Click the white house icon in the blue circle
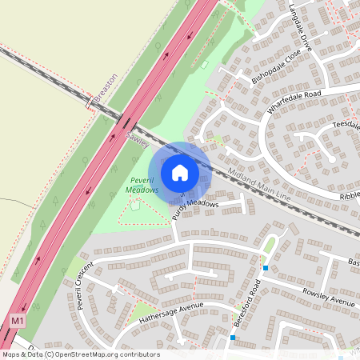(180, 172)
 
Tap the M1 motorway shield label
(18, 320)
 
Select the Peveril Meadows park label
(144, 185)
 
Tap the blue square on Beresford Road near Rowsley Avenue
(265, 268)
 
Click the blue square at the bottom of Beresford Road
(233, 338)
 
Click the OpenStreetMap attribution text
(80, 354)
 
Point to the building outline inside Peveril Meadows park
(135, 204)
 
